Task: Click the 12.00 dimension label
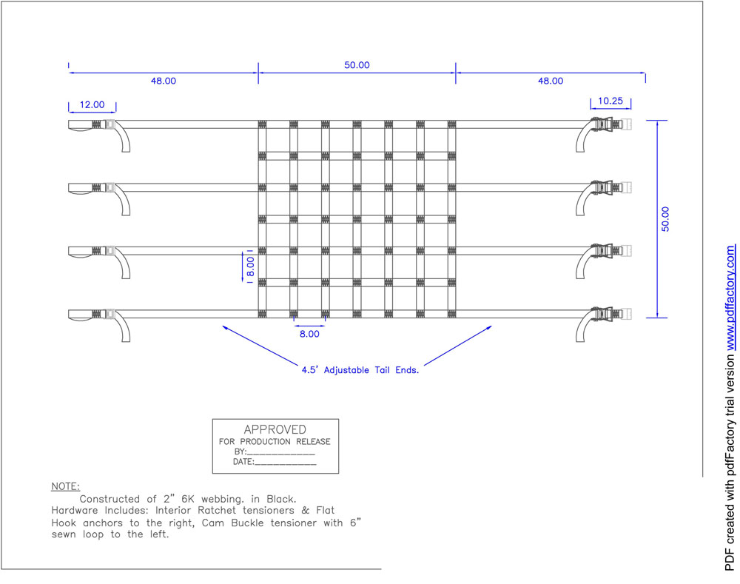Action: pos(92,104)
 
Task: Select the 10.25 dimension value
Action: pos(610,101)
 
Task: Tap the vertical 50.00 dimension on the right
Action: pos(665,219)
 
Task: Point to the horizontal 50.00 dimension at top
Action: pos(357,64)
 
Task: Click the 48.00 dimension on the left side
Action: pos(164,81)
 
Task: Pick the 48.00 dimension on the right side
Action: pos(551,81)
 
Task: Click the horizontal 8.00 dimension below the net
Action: pos(309,334)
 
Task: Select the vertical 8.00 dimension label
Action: pos(251,266)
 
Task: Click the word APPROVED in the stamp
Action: pos(275,429)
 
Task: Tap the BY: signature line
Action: pos(275,452)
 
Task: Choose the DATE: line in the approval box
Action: pos(275,462)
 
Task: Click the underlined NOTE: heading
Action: pos(66,486)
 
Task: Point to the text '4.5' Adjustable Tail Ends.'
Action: pos(360,370)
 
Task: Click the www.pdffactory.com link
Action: pos(730,298)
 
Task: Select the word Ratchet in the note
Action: pos(217,510)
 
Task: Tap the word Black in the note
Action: pos(281,499)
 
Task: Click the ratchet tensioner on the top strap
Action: pos(605,124)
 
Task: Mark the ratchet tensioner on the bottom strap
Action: pos(605,314)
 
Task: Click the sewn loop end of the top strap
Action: pos(80,126)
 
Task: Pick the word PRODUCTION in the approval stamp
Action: pos(265,442)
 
